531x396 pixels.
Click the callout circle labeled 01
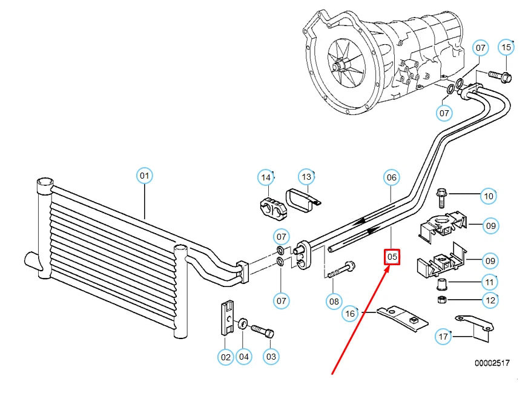144,176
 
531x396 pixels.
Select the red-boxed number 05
392,257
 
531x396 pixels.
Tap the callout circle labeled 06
392,177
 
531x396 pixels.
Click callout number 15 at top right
506,47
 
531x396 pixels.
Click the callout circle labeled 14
266,177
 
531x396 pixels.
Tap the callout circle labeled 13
307,177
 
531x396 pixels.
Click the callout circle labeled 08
334,300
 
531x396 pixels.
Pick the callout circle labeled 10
489,196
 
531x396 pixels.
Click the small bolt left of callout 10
441,197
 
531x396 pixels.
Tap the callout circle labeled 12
490,300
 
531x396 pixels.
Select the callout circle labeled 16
350,314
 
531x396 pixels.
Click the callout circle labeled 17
444,337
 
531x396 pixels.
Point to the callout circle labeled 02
226,357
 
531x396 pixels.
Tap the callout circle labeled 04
243,357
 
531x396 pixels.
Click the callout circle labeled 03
271,357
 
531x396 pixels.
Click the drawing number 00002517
492,363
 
